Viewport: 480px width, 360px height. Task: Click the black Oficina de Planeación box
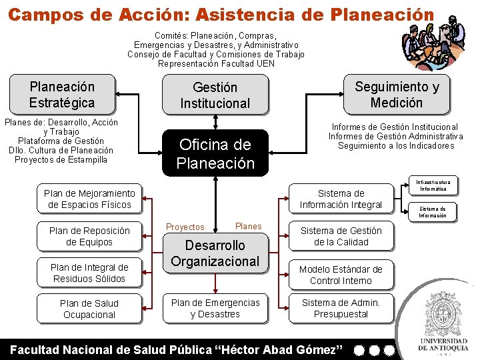pyautogui.click(x=215, y=153)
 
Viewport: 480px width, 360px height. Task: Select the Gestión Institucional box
pyautogui.click(x=215, y=95)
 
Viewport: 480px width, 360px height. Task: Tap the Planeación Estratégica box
pyautogui.click(x=62, y=94)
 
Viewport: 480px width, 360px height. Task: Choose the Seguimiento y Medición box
pyautogui.click(x=397, y=94)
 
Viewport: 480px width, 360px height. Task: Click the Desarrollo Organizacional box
pyautogui.click(x=215, y=253)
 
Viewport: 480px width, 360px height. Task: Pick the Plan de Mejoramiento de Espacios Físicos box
pyautogui.click(x=89, y=199)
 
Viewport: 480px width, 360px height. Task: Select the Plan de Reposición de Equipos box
pyautogui.click(x=89, y=236)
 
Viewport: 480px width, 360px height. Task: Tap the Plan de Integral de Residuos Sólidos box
pyautogui.click(x=89, y=273)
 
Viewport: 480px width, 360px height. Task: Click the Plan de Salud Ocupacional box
pyautogui.click(x=89, y=309)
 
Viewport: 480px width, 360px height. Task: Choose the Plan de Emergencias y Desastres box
pyautogui.click(x=215, y=308)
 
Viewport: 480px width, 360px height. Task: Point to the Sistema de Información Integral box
pyautogui.click(x=341, y=199)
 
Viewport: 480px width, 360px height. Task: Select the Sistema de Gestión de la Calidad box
pyautogui.click(x=341, y=236)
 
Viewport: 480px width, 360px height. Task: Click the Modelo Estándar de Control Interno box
pyautogui.click(x=341, y=274)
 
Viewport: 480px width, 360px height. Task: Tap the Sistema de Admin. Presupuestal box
pyautogui.click(x=341, y=308)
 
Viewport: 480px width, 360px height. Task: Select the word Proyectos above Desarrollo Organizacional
pyautogui.click(x=185, y=227)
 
